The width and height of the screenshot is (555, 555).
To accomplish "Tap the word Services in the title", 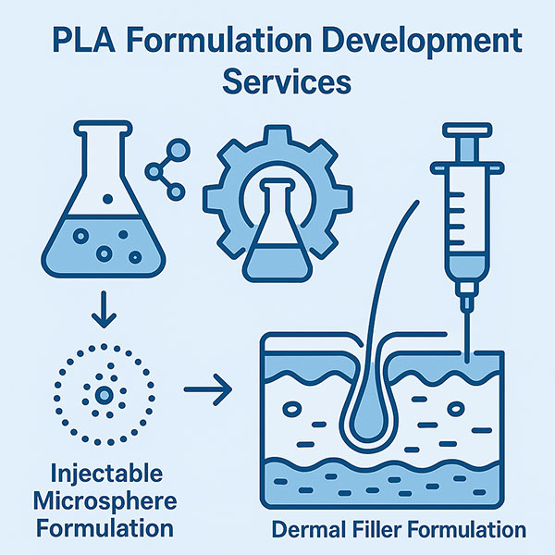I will click(288, 81).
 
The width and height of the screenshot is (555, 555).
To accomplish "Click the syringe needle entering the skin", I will click(467, 324).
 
